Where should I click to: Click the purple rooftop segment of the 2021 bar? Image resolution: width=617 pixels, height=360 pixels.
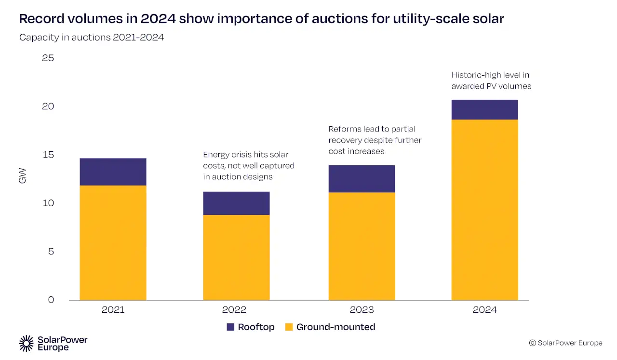pos(113,172)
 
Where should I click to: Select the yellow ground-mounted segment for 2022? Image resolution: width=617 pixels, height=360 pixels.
pos(236,257)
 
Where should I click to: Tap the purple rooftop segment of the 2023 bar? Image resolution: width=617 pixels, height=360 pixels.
pos(362,179)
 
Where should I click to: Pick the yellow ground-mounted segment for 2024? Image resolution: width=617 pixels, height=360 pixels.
pos(484,210)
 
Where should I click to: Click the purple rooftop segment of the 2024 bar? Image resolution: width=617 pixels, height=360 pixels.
pos(484,109)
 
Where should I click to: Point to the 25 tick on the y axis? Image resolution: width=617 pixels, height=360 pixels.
pos(48,58)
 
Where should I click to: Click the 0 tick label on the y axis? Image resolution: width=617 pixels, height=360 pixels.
pos(51,300)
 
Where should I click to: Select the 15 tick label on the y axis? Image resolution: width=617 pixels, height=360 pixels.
pos(48,155)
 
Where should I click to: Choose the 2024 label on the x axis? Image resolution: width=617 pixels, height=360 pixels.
pos(484,310)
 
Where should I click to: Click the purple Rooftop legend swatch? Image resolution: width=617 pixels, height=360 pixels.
pos(230,327)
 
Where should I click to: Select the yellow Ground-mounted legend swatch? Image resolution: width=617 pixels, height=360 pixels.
pos(289,327)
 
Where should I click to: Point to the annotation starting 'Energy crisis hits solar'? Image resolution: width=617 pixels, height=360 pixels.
pos(248,166)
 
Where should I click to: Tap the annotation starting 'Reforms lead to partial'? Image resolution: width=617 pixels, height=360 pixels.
pos(375,140)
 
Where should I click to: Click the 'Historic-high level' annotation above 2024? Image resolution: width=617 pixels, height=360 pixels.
pos(491,80)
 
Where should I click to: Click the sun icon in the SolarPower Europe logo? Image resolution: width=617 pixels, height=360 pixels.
pos(26,344)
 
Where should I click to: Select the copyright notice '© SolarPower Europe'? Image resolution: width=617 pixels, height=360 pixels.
pos(565,343)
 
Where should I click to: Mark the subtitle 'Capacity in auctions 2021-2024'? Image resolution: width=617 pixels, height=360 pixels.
pos(92,37)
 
